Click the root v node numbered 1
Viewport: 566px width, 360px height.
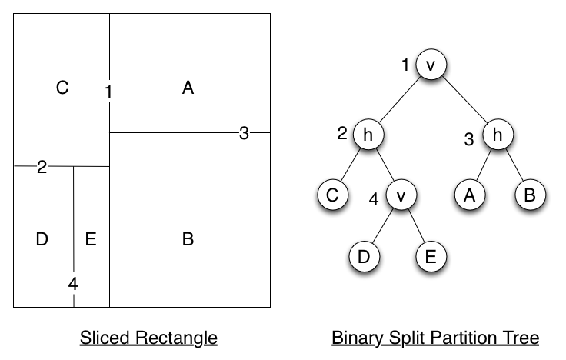pyautogui.click(x=431, y=65)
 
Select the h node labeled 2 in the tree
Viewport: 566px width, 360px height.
pyautogui.click(x=368, y=135)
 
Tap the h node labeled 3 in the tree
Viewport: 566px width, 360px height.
pyautogui.click(x=498, y=135)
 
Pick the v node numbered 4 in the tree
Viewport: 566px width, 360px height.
pyautogui.click(x=401, y=195)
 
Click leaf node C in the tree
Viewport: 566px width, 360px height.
pyautogui.click(x=333, y=195)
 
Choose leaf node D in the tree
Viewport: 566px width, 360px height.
pyautogui.click(x=365, y=256)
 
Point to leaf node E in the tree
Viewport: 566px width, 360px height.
pyautogui.click(x=431, y=256)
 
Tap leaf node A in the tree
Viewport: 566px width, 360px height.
pyautogui.click(x=469, y=195)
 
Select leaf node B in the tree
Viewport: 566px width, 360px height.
pyautogui.click(x=531, y=195)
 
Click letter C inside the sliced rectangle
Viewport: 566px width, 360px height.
pyautogui.click(x=62, y=88)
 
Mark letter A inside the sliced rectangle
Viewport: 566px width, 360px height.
pyautogui.click(x=188, y=88)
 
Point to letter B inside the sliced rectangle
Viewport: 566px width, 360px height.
pyautogui.click(x=188, y=239)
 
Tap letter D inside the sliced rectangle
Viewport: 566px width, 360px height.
pyautogui.click(x=42, y=239)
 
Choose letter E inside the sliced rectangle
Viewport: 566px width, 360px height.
pyautogui.click(x=91, y=239)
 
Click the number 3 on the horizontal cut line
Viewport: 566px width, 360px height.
pyautogui.click(x=244, y=133)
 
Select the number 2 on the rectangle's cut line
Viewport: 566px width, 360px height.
pyautogui.click(x=42, y=167)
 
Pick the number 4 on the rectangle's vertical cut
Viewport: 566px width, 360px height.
pyautogui.click(x=73, y=284)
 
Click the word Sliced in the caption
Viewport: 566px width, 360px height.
pyautogui.click(x=105, y=338)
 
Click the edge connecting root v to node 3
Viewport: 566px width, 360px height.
pyautogui.click(x=464, y=100)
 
